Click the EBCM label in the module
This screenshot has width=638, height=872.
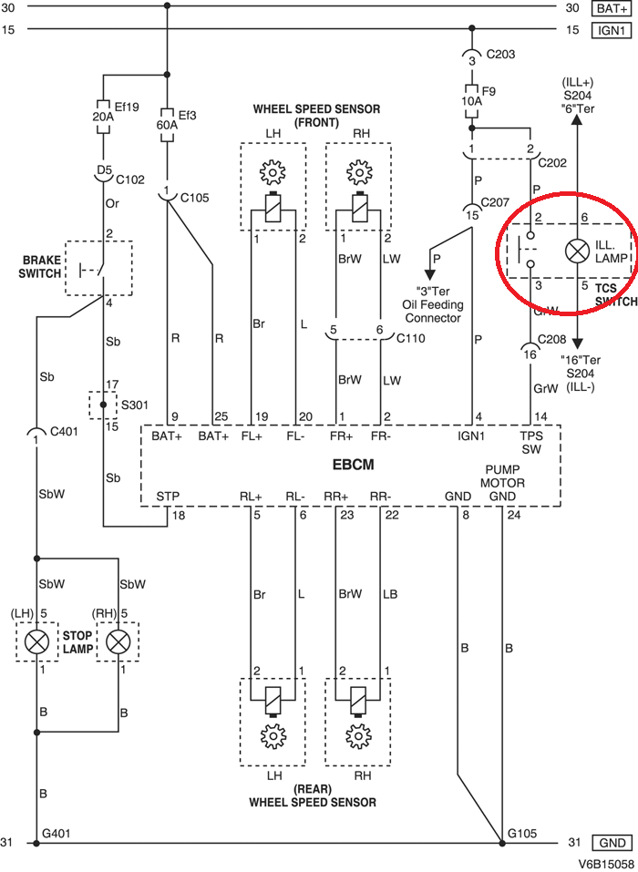click(355, 465)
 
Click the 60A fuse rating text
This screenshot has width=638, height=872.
click(166, 124)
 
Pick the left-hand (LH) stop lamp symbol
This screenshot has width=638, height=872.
click(36, 641)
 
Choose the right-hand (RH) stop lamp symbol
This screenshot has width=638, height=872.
click(118, 641)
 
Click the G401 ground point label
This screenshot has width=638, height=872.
click(57, 832)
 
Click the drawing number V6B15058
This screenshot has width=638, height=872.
click(604, 862)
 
